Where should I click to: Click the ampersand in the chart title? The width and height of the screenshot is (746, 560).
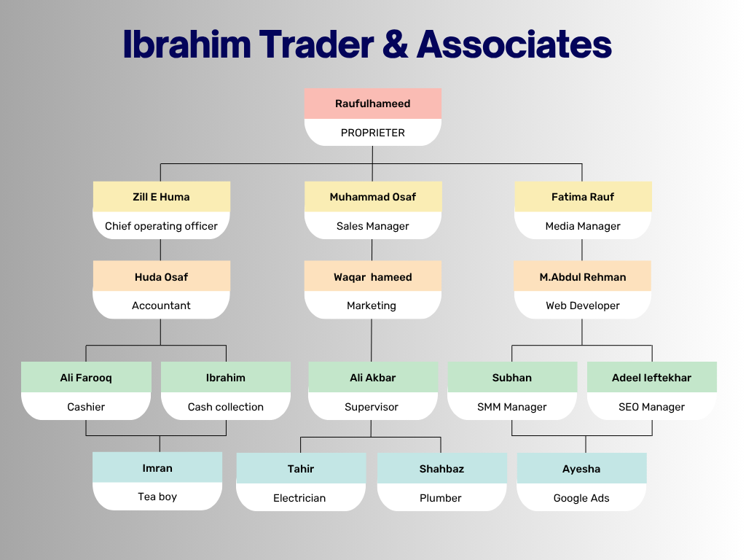click(395, 44)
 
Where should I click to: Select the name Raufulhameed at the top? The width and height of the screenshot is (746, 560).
click(372, 104)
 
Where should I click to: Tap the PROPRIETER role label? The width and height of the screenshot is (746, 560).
click(372, 133)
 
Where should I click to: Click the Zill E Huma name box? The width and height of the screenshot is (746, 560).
click(161, 197)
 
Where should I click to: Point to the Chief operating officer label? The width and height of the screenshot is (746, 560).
click(161, 226)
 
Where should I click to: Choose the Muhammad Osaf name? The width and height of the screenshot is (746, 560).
click(372, 197)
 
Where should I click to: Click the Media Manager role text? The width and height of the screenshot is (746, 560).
click(583, 226)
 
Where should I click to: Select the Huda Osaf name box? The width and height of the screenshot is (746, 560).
click(161, 276)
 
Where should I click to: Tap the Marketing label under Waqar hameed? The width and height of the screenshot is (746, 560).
click(371, 306)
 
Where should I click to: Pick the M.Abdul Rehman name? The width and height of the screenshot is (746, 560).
click(583, 277)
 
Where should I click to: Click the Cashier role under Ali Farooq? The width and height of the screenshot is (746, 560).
click(86, 407)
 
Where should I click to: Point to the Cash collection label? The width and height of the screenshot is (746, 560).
click(226, 407)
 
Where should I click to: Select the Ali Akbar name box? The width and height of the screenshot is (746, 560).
click(373, 377)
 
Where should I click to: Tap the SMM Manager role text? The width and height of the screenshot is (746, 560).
click(512, 407)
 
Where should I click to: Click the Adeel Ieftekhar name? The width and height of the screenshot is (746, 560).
click(651, 378)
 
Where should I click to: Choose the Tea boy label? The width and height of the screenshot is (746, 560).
click(157, 497)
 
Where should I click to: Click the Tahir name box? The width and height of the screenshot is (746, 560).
click(301, 468)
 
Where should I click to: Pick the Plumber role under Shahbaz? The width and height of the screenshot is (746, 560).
click(441, 498)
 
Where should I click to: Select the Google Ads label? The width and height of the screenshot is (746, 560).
click(581, 498)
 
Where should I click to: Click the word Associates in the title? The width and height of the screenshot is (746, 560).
click(514, 44)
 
